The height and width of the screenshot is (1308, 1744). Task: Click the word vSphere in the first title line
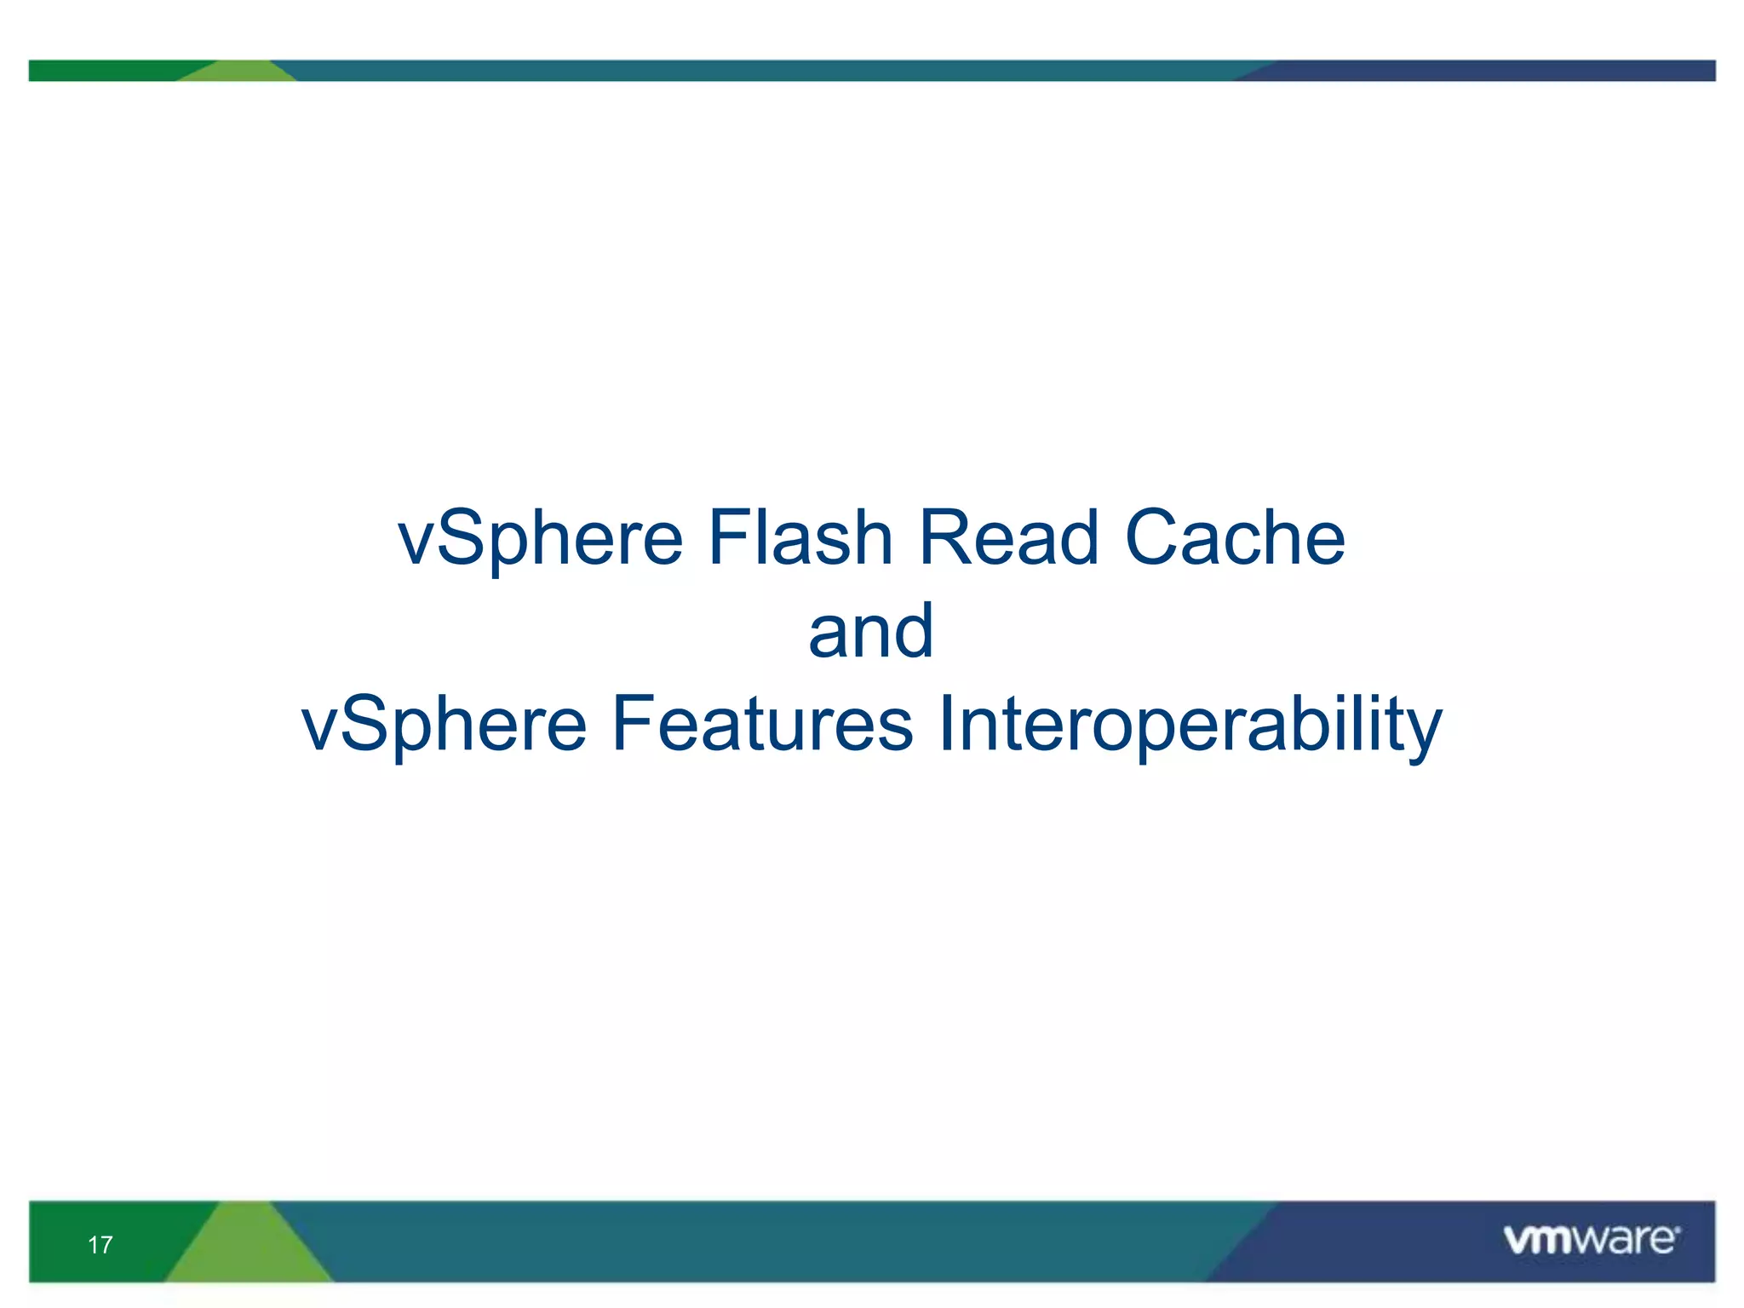coord(541,538)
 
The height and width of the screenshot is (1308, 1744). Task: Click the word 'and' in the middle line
coord(871,631)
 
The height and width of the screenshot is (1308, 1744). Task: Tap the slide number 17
coord(100,1245)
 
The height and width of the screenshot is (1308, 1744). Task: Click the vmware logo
coord(1591,1240)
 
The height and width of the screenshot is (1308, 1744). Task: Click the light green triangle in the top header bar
coord(238,72)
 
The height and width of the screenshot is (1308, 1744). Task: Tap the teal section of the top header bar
coord(766,71)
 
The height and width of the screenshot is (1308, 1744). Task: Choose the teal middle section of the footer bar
coord(766,1242)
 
